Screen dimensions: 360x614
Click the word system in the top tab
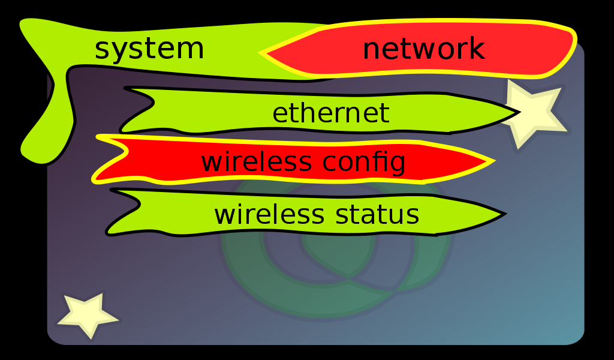click(149, 49)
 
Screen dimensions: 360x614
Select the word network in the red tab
click(423, 49)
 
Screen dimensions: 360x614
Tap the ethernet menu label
click(330, 113)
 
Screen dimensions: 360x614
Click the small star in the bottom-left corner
click(88, 314)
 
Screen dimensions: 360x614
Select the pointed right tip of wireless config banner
click(491, 161)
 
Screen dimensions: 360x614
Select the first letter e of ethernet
click(280, 114)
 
